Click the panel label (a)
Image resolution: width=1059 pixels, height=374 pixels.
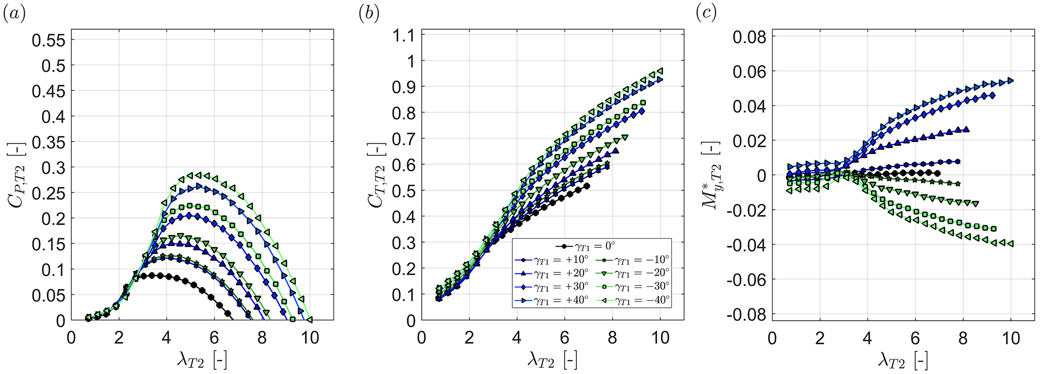(x=14, y=14)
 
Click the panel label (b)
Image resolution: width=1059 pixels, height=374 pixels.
(x=368, y=14)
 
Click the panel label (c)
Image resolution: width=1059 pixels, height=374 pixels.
(x=706, y=14)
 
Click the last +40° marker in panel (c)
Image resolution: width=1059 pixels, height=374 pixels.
(x=1011, y=80)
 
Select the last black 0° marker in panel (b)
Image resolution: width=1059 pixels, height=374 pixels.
(x=587, y=186)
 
